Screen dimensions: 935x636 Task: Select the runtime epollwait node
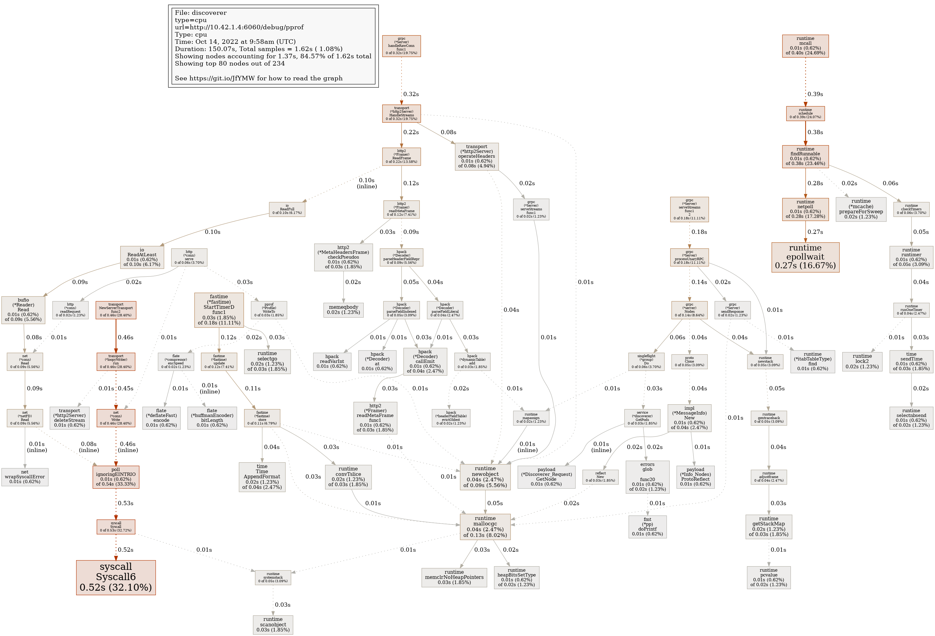pos(805,257)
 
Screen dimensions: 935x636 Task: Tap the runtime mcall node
pos(805,46)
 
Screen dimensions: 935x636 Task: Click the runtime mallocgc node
pos(485,527)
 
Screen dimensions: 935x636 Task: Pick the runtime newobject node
pos(485,477)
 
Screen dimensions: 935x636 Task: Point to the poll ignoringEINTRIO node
pos(116,477)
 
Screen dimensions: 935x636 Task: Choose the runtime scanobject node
pos(273,624)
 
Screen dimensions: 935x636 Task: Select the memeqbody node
pos(343,310)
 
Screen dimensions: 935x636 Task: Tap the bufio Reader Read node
pos(23,310)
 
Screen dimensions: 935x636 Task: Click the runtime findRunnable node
pos(805,156)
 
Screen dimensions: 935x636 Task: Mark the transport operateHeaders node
pos(476,156)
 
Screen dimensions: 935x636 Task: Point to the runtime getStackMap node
pos(769,526)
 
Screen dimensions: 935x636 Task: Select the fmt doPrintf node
pos(647,526)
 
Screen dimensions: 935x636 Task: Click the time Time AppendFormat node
pos(262,477)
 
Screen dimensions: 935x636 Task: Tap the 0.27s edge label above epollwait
pos(815,232)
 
